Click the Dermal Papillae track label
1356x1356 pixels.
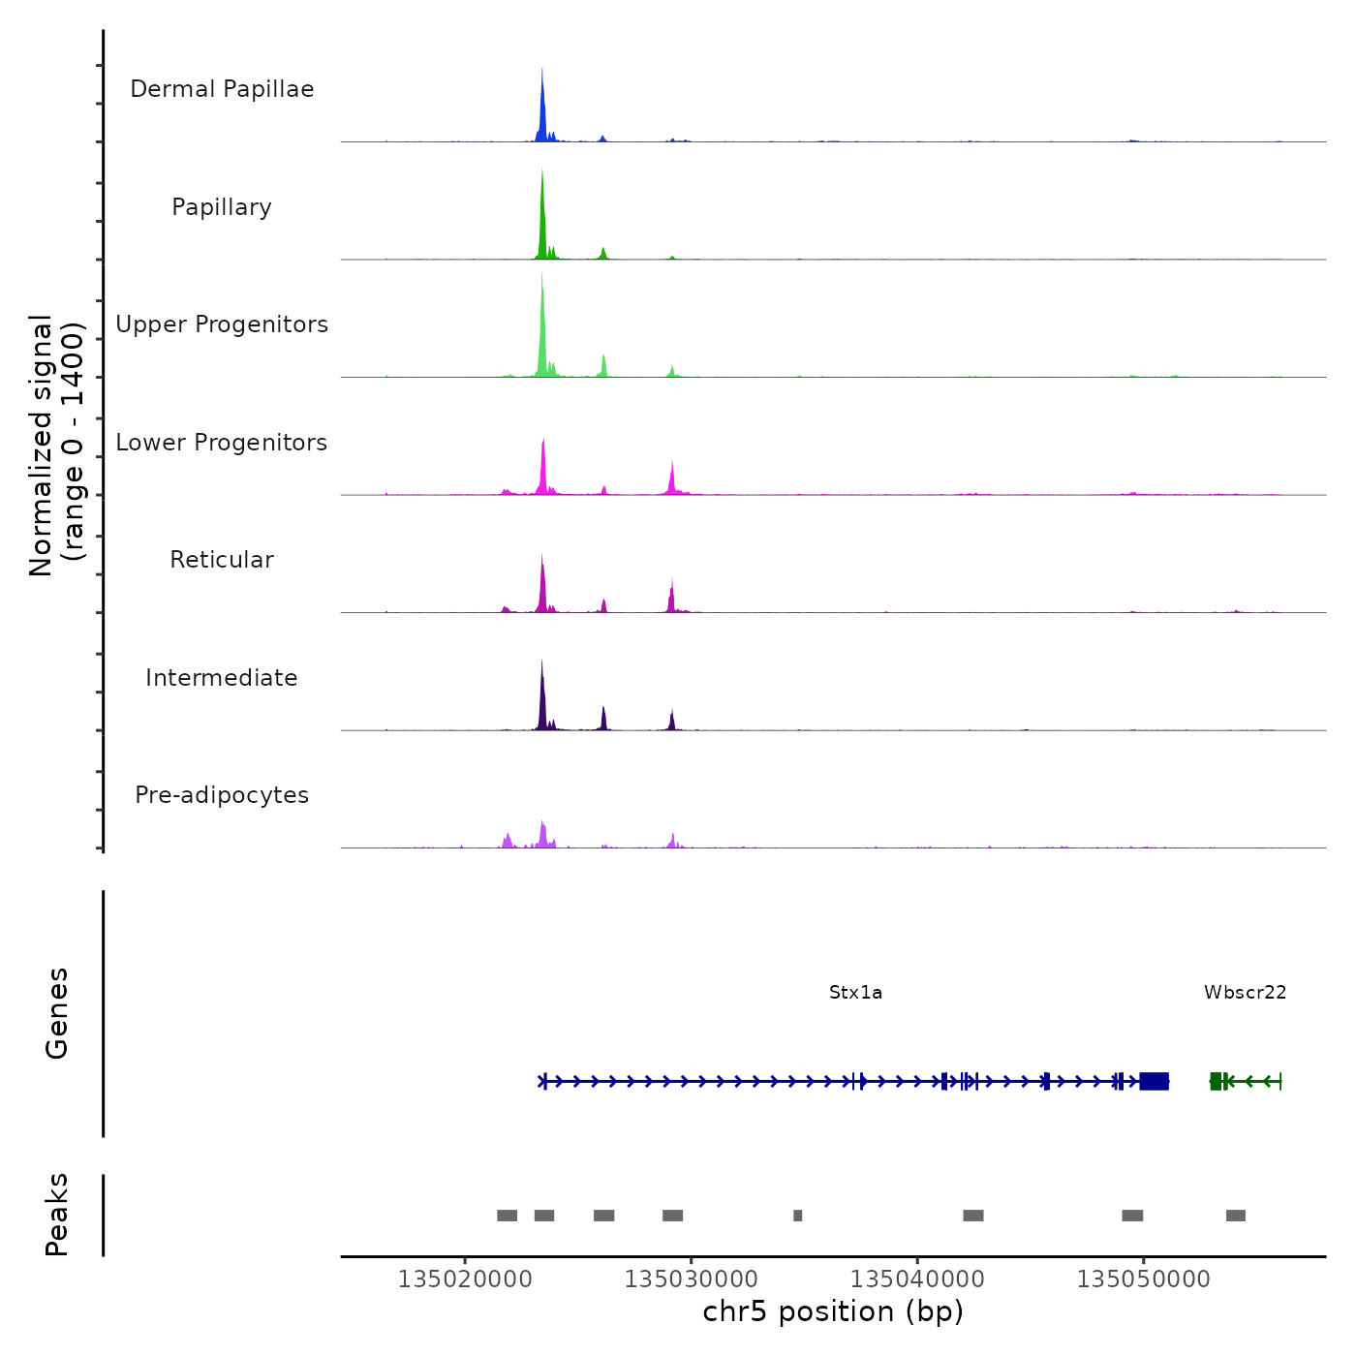click(x=222, y=89)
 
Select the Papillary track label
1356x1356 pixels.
click(x=222, y=207)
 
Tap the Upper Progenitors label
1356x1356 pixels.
click(x=222, y=324)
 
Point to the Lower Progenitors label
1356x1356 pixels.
click(x=222, y=443)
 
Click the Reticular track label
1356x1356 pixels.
click(x=222, y=560)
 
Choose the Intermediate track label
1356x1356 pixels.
click(x=222, y=678)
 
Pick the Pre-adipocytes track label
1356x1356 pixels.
click(x=222, y=795)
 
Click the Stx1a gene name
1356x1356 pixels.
click(x=855, y=992)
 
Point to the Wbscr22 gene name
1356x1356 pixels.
click(x=1245, y=992)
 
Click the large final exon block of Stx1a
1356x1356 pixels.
click(x=1154, y=1081)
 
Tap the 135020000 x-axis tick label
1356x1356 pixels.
click(x=465, y=1279)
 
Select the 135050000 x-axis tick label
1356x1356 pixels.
click(x=1143, y=1279)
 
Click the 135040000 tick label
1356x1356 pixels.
click(x=917, y=1279)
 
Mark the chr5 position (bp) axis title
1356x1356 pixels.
click(x=833, y=1311)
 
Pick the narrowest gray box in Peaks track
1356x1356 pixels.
click(x=797, y=1216)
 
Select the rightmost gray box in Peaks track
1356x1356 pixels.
click(x=1235, y=1216)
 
